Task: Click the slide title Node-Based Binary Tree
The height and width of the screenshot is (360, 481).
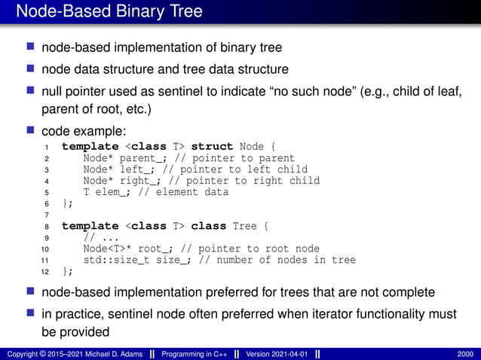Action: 109,12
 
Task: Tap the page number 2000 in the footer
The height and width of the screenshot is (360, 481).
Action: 464,354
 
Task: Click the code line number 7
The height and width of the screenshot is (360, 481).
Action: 46,215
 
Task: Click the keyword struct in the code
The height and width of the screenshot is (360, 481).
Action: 212,146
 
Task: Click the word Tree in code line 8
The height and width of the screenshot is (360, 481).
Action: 244,226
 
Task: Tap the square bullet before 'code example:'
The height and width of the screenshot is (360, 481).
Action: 31,130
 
